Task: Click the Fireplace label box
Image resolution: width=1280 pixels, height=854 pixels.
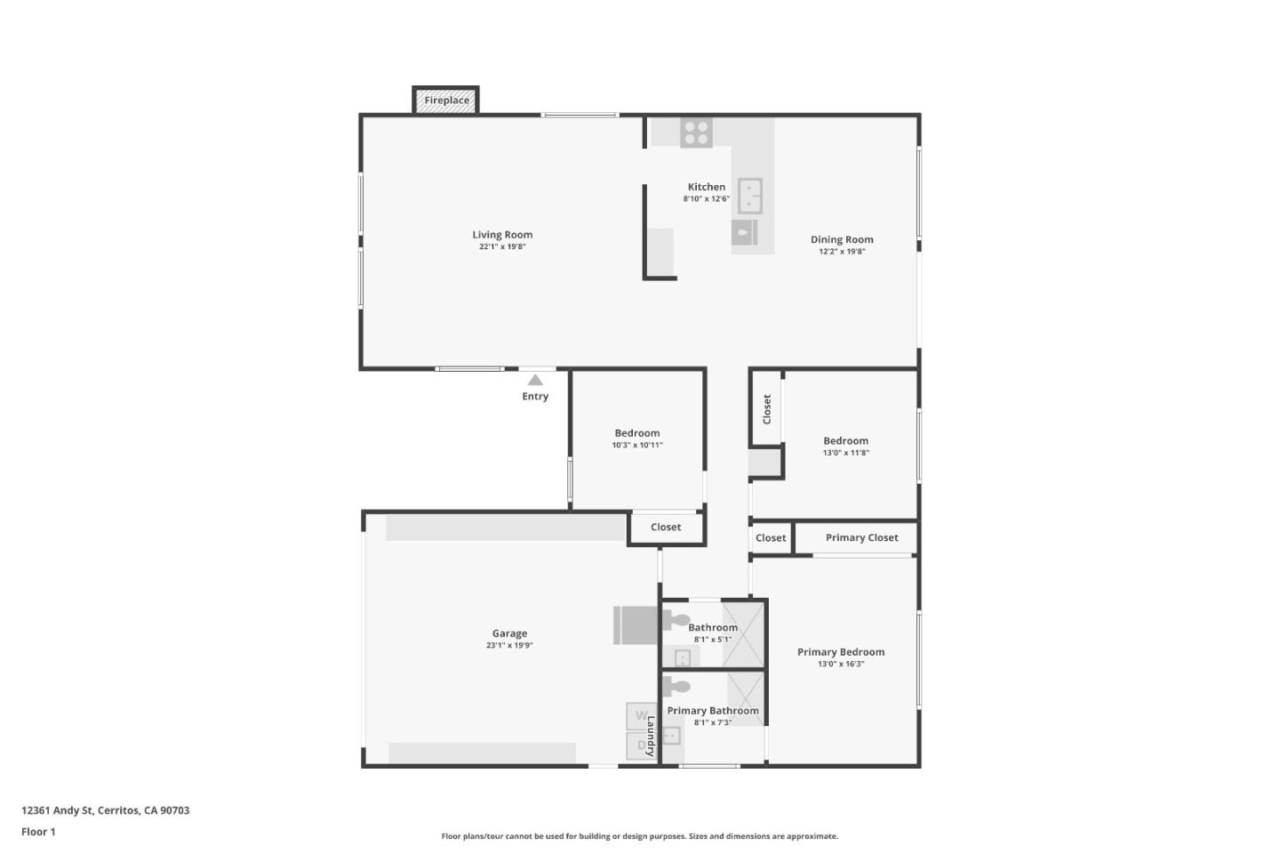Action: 446,101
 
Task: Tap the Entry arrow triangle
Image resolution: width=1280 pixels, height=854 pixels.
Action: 535,380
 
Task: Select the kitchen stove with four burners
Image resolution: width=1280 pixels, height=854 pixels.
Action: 696,133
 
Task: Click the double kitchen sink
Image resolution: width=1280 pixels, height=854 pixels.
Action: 749,196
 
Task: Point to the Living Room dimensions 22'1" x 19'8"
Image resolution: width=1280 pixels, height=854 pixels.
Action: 502,247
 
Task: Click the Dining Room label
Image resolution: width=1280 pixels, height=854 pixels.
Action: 842,239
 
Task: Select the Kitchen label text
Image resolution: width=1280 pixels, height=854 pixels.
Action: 706,187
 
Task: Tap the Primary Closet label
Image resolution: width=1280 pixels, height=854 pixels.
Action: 861,538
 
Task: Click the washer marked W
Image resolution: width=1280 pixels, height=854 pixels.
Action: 641,716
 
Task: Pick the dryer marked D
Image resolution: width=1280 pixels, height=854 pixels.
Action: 641,745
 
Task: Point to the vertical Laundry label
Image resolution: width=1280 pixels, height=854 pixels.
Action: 651,737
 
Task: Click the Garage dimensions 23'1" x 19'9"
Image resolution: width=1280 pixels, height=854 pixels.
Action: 509,646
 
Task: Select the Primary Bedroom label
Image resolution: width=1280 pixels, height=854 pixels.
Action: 840,652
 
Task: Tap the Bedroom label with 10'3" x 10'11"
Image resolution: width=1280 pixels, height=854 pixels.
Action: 637,433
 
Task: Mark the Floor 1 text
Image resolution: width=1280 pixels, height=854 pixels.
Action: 38,832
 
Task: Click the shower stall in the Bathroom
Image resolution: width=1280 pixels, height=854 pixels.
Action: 743,634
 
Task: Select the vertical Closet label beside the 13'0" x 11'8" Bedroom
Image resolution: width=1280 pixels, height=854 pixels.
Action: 767,409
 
